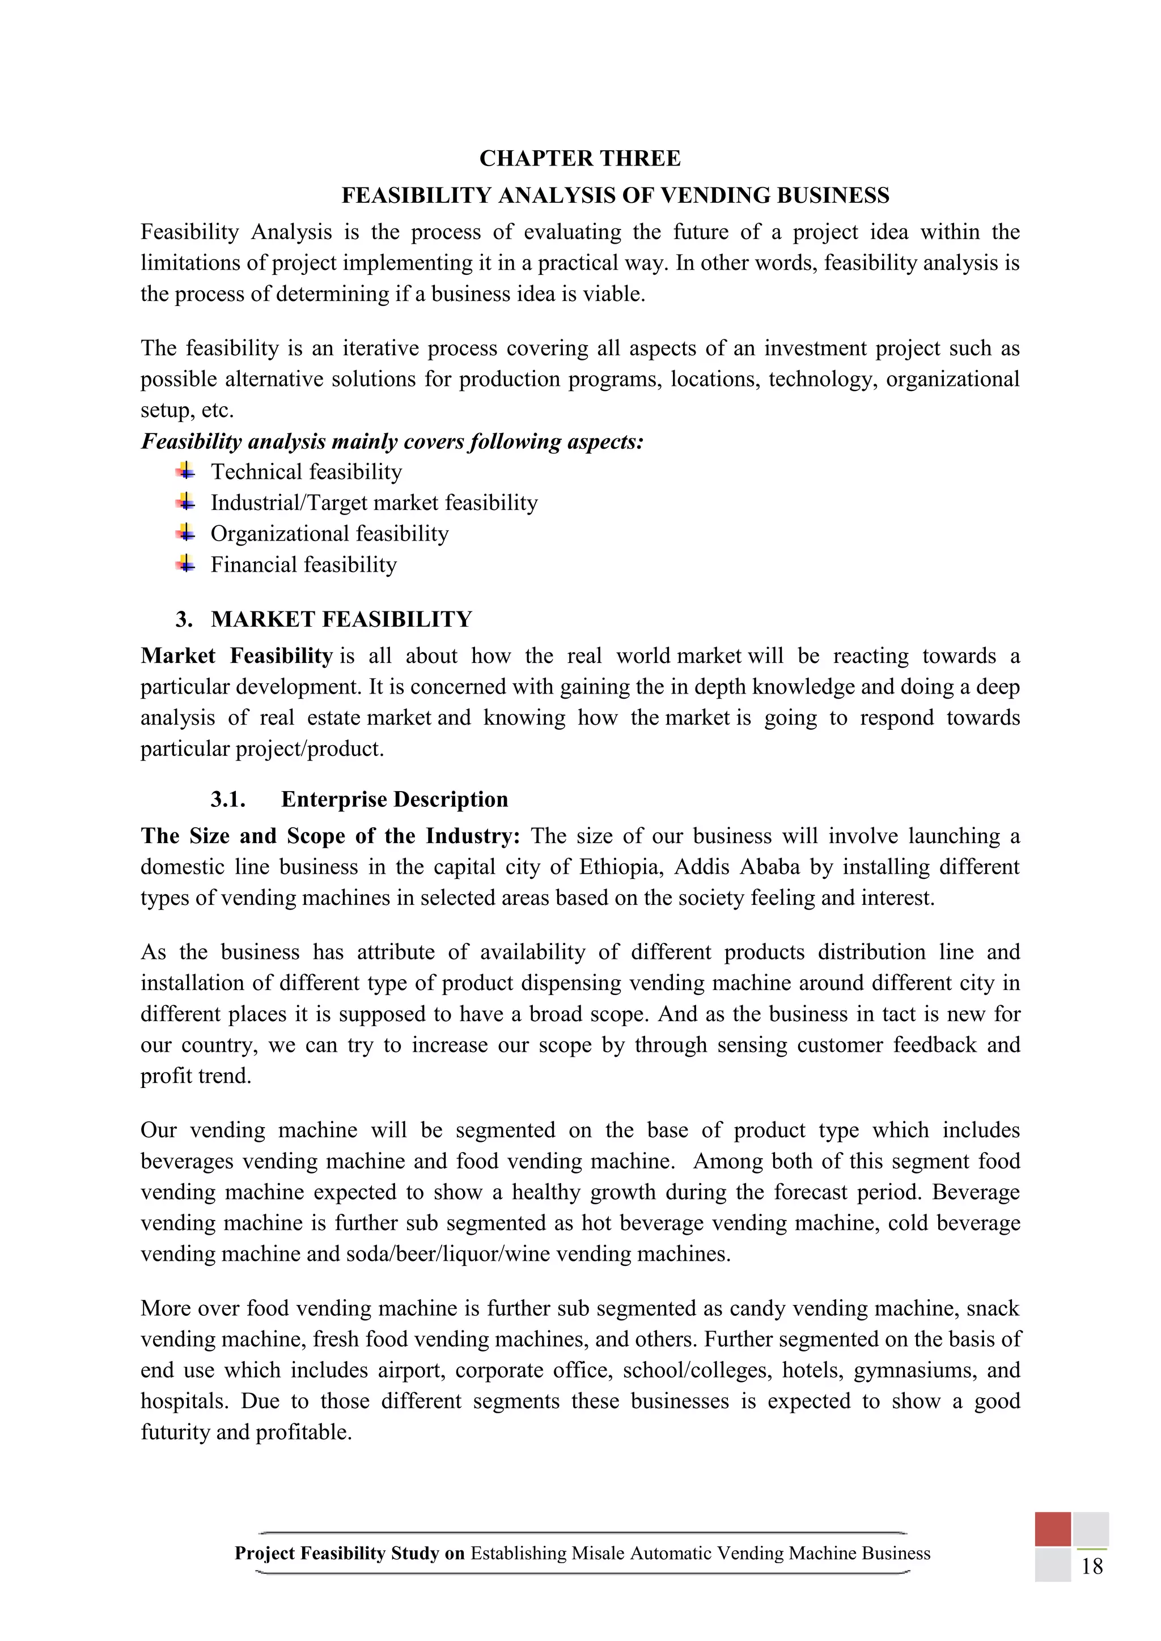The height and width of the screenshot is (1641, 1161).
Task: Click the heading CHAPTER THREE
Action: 580,159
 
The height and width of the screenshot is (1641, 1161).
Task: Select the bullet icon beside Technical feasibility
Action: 185,471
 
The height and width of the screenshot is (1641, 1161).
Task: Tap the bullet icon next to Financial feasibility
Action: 185,564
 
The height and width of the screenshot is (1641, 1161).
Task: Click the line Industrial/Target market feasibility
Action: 374,503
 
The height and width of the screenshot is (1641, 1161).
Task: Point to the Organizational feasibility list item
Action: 329,533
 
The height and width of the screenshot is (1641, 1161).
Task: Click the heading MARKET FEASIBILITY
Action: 342,619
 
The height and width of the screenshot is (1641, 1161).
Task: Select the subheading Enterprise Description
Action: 395,799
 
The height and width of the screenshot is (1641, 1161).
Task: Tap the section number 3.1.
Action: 228,799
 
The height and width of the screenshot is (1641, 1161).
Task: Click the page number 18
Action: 1092,1567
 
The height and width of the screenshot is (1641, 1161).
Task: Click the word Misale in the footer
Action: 599,1553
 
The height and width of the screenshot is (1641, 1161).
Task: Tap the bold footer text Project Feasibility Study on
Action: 350,1553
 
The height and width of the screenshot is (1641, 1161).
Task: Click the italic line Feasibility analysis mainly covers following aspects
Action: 392,441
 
